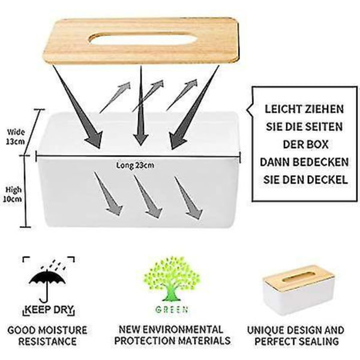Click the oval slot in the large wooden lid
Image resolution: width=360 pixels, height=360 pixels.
tap(143, 38)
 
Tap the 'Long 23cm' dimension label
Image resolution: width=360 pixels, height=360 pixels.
tap(135, 166)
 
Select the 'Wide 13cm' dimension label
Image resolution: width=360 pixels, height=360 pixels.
tap(16, 137)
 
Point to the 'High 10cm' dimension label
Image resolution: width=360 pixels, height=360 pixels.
tap(13, 194)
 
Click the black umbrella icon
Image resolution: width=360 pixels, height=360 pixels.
tap(47, 284)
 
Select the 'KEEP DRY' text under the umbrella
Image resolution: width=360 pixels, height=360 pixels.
tap(49, 310)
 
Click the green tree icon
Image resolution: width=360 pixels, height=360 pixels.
tap(172, 279)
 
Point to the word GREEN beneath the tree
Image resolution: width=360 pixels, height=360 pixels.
tap(172, 310)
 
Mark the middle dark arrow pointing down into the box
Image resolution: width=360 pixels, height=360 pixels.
tap(140, 105)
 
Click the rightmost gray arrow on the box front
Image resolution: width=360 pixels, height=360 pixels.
tap(188, 198)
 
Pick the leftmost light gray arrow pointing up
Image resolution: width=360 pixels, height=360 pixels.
tap(115, 98)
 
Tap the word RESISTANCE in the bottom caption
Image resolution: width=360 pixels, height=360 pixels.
tap(47, 341)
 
